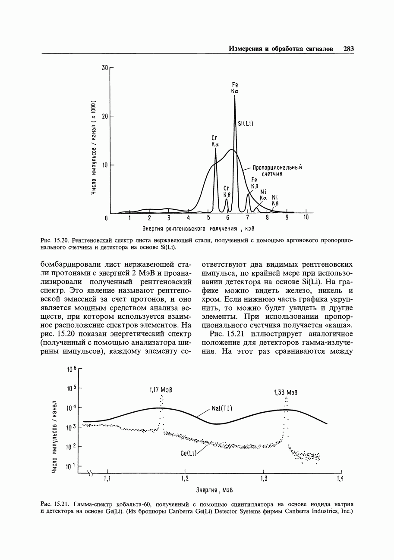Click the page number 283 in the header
348,49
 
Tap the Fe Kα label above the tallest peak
235,87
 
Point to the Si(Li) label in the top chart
245,124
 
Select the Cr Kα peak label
215,141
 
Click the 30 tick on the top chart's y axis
104,68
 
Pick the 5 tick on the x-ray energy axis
208,218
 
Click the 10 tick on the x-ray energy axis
306,218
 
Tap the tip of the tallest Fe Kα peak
235,96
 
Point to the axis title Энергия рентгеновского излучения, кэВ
199,228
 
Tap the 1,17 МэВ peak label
161,390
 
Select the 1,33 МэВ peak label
286,393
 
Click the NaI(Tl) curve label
223,408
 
